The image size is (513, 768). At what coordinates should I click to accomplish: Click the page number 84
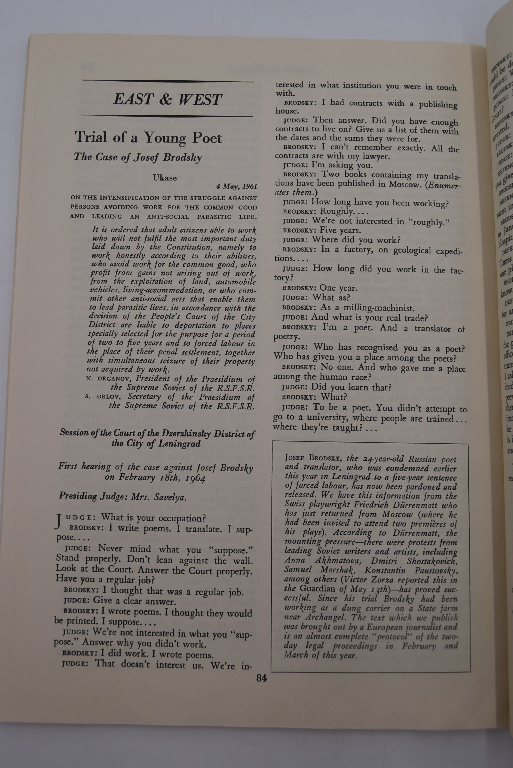point(261,678)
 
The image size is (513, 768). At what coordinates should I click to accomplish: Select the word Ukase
point(165,178)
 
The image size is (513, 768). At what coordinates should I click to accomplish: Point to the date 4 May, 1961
point(236,186)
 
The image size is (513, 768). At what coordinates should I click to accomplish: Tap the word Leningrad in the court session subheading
point(179,444)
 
